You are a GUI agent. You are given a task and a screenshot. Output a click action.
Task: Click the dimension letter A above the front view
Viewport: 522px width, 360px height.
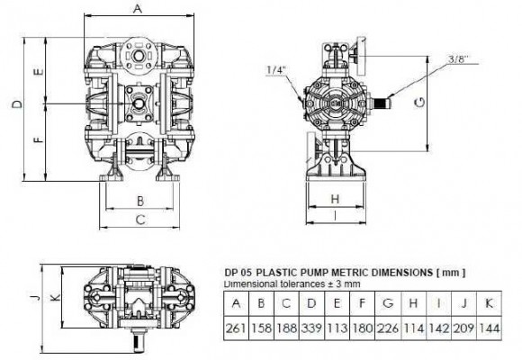click(x=137, y=8)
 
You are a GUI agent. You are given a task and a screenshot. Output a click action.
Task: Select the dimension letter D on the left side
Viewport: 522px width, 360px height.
click(x=17, y=106)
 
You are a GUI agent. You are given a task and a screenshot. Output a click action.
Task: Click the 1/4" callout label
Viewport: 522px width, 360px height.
click(x=274, y=69)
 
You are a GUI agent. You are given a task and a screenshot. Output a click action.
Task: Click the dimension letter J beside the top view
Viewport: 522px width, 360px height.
click(x=31, y=300)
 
